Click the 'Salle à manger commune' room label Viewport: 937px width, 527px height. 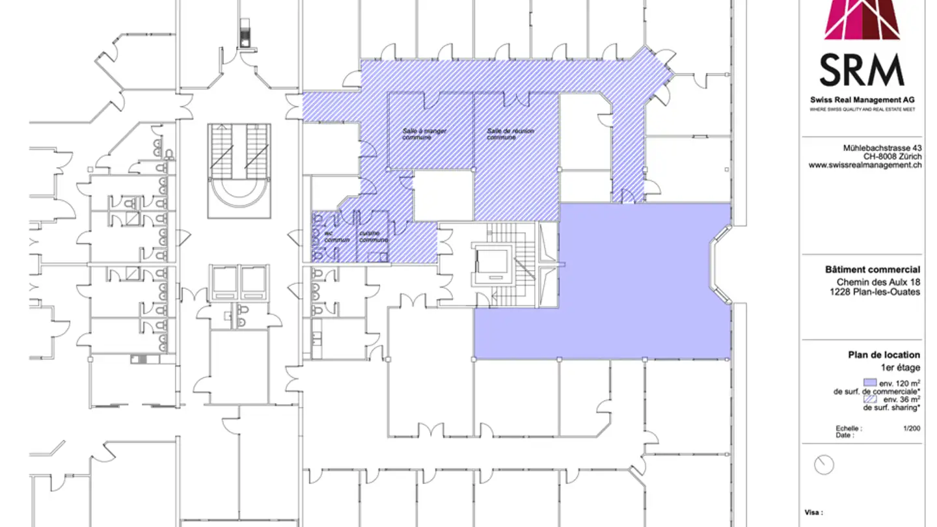(x=424, y=134)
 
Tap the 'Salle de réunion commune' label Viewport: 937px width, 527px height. (x=510, y=134)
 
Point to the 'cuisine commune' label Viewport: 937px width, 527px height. (x=373, y=236)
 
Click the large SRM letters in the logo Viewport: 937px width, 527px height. (x=862, y=71)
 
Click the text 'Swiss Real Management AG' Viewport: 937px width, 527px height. (x=862, y=100)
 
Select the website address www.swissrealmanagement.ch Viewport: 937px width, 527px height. (x=865, y=166)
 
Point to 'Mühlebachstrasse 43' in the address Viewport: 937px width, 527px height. (x=882, y=148)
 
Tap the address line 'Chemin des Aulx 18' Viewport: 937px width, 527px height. (x=878, y=282)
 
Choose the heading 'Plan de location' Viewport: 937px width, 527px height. (x=884, y=355)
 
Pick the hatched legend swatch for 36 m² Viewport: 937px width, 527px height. (x=869, y=399)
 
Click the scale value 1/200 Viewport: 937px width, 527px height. (x=911, y=429)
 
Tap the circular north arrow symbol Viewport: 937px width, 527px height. (x=824, y=465)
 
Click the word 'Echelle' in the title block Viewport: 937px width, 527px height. (x=848, y=429)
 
